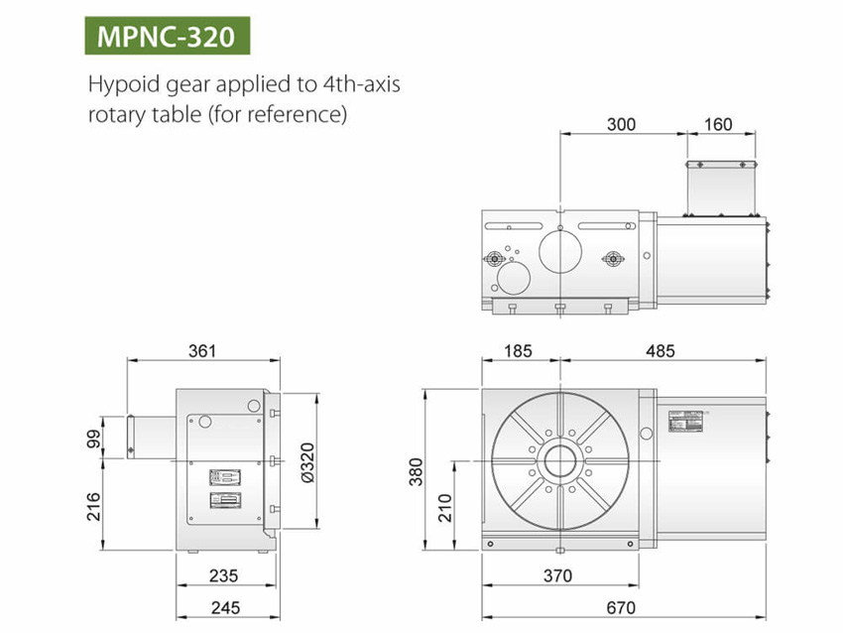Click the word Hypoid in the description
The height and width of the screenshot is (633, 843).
click(120, 84)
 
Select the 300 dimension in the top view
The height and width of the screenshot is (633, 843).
click(621, 124)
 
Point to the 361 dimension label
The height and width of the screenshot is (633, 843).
click(201, 350)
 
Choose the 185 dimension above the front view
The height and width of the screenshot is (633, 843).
click(520, 350)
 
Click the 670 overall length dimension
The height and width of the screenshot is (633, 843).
click(622, 607)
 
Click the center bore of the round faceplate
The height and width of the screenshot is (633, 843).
click(559, 462)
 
